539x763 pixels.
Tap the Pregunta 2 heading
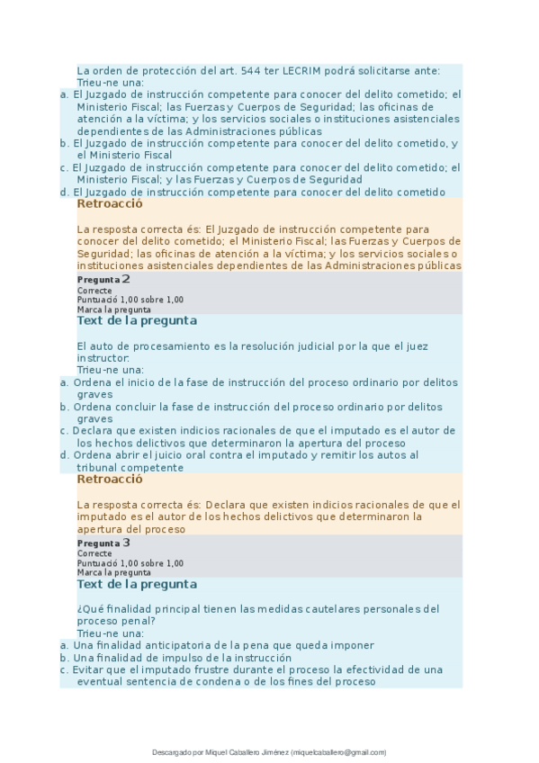[104, 279]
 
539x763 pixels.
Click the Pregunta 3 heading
[104, 543]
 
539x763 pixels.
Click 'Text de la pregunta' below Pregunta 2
[138, 320]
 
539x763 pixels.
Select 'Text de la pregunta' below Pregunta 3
[138, 584]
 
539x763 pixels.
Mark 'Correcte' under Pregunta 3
[94, 554]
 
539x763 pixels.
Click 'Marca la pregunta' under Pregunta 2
[113, 309]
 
